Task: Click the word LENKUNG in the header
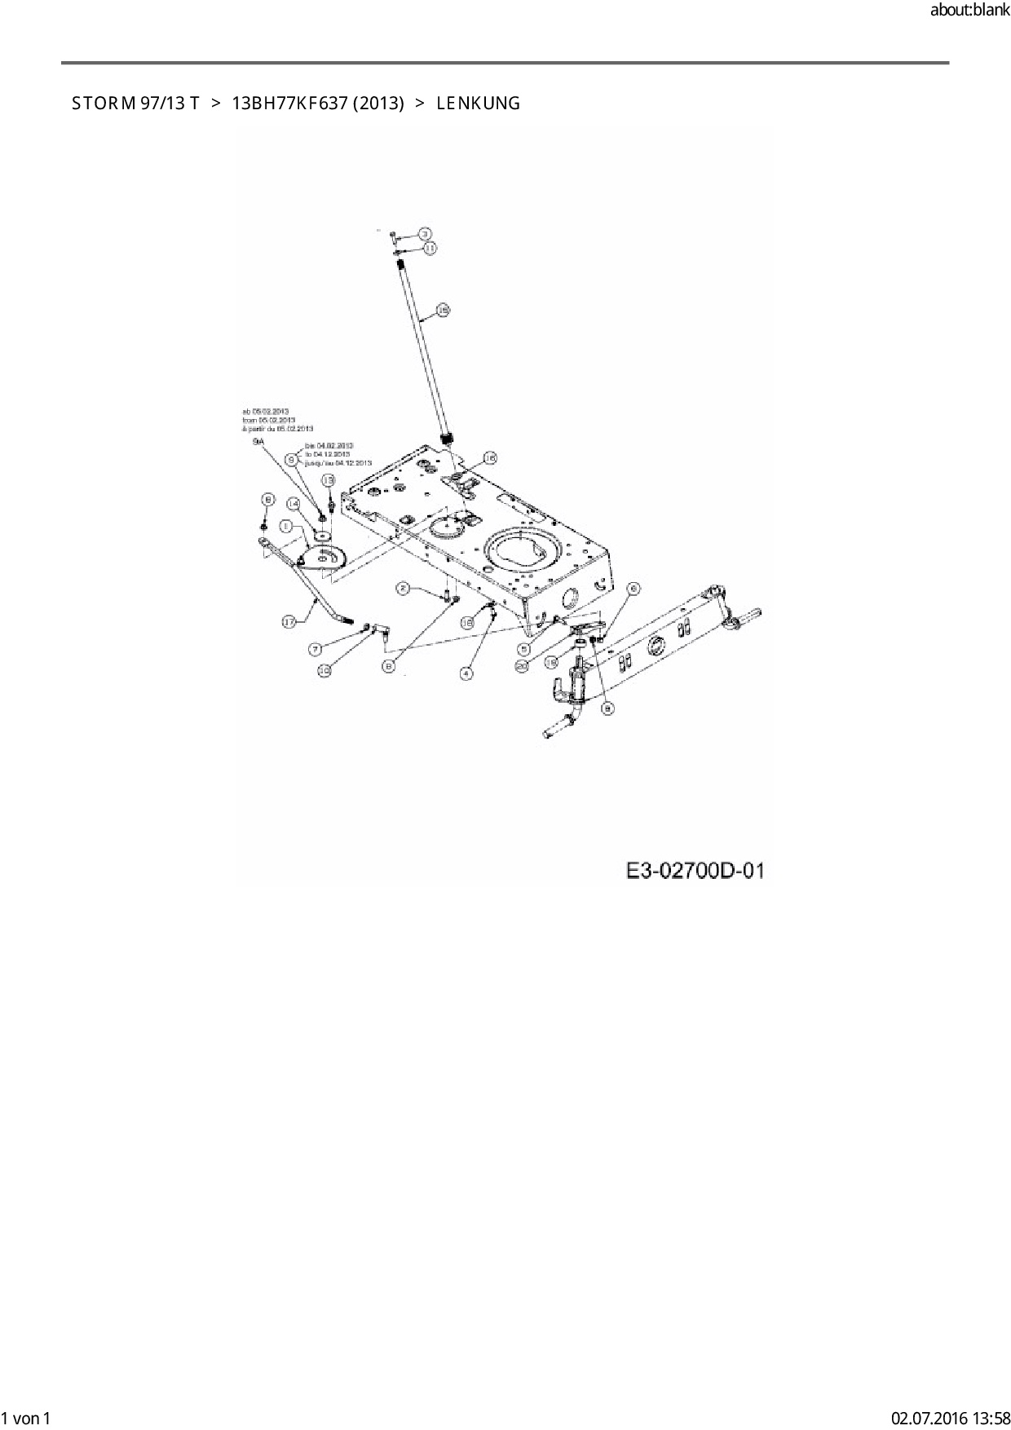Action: coord(478,104)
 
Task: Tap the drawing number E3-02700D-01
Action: coord(695,871)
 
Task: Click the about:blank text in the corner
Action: coord(969,11)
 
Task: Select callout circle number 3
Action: coord(424,233)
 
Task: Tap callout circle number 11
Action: coord(430,246)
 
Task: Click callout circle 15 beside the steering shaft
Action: coord(443,310)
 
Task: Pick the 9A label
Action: coord(258,440)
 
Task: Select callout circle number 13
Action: coord(328,480)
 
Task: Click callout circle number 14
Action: coord(294,505)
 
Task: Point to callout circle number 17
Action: coord(289,622)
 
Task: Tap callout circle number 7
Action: coord(315,649)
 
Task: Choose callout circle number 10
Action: coord(324,670)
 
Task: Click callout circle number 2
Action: coord(403,588)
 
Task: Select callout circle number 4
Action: coord(466,673)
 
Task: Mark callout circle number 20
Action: coord(523,666)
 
